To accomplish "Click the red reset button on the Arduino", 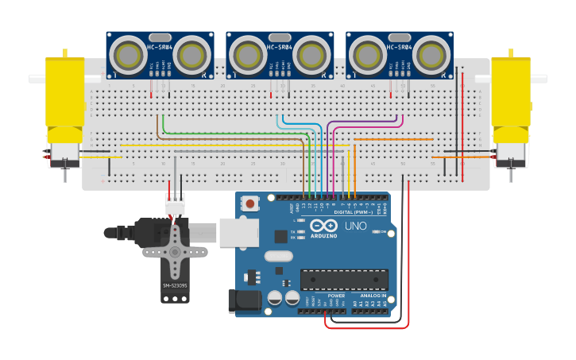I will click(x=250, y=203).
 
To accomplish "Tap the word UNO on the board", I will click(x=355, y=226).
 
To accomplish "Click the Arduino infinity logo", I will click(x=323, y=225).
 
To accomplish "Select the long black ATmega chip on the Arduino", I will click(x=344, y=279).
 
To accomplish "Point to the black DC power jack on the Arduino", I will click(x=244, y=301).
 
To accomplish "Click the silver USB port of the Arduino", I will click(x=239, y=231).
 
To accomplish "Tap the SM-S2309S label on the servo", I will click(x=175, y=285).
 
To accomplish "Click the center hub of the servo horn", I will click(x=175, y=251).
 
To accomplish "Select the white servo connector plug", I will click(x=175, y=204).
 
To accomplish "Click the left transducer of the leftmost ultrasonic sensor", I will click(x=127, y=55).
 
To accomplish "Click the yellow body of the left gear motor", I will click(x=64, y=91).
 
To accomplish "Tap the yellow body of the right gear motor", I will click(x=511, y=91).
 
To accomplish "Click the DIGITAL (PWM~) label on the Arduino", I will click(x=354, y=212).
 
